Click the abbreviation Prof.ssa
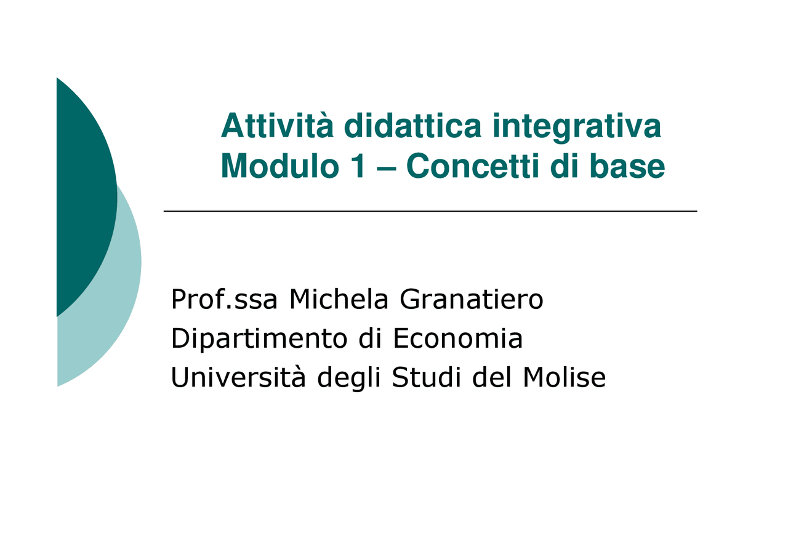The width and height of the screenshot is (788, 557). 224,300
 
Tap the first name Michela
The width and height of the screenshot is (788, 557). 339,300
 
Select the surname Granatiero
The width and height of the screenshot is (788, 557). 472,300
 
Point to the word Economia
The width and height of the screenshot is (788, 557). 457,339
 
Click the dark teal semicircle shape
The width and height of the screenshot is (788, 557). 83,197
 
